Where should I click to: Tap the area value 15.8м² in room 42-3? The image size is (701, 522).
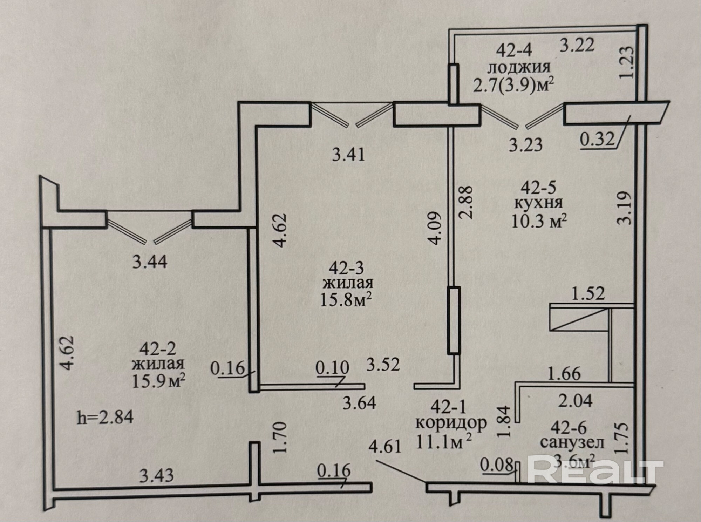[x=346, y=299]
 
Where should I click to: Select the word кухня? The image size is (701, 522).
[x=538, y=203]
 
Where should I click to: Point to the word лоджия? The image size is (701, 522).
[x=514, y=67]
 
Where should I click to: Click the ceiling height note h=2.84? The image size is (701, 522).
[x=105, y=418]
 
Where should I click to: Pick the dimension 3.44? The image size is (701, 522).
[x=150, y=262]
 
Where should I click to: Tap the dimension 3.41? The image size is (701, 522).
[x=348, y=154]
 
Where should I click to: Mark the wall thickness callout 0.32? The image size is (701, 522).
[x=598, y=140]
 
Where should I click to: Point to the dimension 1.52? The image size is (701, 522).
[x=588, y=293]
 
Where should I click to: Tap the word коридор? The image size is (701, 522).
[x=451, y=423]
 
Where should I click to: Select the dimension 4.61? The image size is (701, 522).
[x=385, y=447]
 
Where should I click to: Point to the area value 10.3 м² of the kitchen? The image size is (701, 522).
[x=539, y=221]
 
